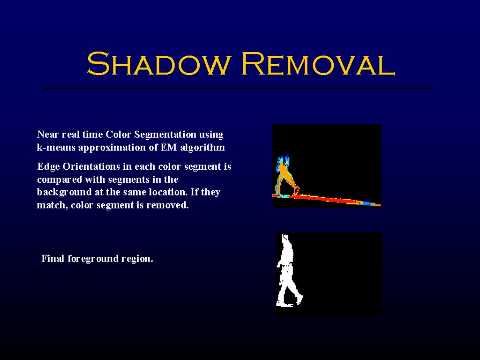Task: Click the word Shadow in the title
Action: coord(158,64)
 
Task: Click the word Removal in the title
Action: coord(318,64)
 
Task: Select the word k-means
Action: coord(56,148)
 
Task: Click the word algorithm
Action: coord(202,148)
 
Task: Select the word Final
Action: coord(53,259)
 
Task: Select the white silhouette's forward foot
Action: coord(300,299)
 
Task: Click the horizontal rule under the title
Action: coord(238,88)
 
